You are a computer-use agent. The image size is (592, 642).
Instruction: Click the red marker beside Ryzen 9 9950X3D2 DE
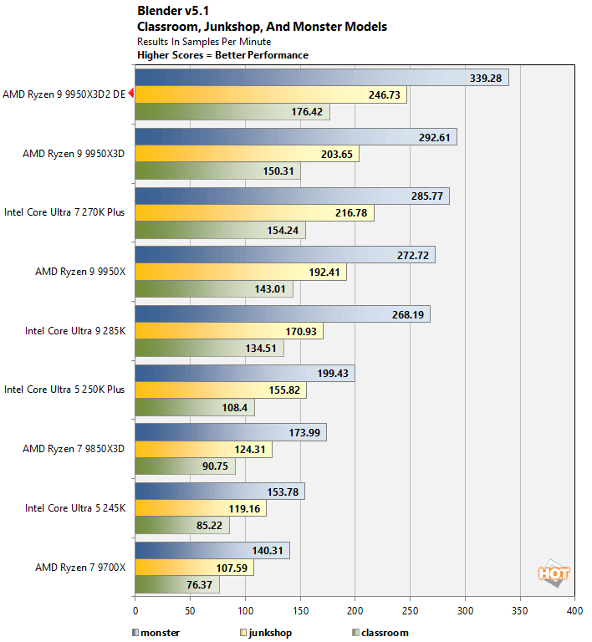point(130,94)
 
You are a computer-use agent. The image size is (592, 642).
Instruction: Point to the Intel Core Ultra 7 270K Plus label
point(64,212)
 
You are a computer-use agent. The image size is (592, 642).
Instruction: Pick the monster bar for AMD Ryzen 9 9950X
point(284,254)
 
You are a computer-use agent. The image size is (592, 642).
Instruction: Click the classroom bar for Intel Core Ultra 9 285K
point(209,348)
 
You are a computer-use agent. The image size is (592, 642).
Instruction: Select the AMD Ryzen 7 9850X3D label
point(74,449)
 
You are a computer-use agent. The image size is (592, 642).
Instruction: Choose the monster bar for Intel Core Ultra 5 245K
point(219,491)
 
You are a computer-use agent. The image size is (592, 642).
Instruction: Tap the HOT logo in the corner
point(553,573)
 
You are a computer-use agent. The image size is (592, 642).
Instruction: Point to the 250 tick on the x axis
point(410,610)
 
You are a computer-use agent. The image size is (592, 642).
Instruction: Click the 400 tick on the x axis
point(574,610)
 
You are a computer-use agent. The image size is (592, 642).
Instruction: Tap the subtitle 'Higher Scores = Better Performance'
point(222,55)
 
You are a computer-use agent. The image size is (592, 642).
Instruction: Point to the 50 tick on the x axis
point(190,610)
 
